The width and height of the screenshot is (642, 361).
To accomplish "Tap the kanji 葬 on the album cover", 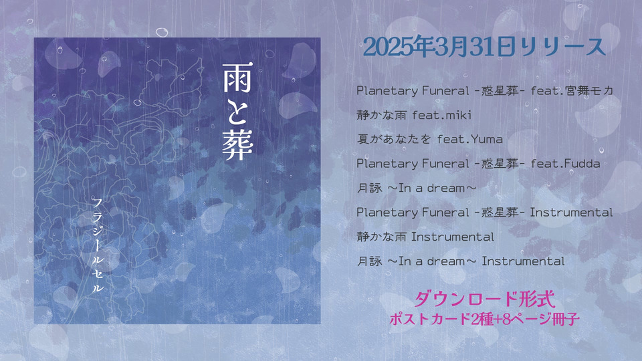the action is tap(238, 145).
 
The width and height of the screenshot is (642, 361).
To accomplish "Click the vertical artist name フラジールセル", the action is tap(98, 245).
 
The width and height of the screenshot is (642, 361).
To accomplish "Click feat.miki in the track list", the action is tap(442, 114).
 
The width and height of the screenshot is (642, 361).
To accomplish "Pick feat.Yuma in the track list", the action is tap(470, 139).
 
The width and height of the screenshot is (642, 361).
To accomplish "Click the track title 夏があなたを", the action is tap(394, 139).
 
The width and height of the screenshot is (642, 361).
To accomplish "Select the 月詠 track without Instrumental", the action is tap(417, 188).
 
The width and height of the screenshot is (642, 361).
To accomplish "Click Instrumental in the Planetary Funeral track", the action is tap(572, 212).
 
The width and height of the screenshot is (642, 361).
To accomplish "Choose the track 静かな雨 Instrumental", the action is tap(425, 237).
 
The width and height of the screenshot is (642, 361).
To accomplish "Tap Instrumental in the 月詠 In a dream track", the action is tap(523, 261).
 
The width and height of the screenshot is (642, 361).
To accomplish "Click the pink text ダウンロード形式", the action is tap(485, 299).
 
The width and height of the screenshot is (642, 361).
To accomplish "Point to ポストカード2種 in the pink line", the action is tap(441, 319).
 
